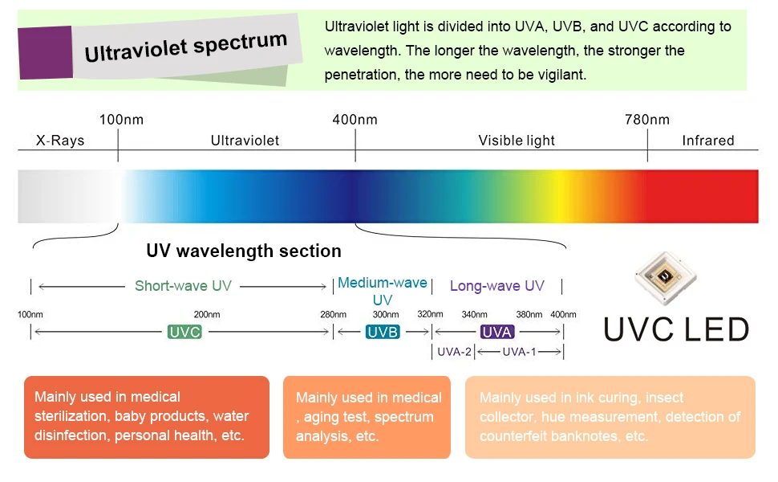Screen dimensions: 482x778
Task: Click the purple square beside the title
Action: (x=45, y=52)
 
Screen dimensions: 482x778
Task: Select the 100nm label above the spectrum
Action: (x=121, y=120)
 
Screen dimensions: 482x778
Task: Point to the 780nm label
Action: (x=646, y=120)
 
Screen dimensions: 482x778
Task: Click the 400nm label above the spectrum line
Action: (x=355, y=120)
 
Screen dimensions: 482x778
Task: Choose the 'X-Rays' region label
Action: (x=60, y=141)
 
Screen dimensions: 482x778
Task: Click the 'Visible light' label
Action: (x=517, y=141)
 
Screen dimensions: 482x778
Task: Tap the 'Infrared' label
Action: (x=707, y=141)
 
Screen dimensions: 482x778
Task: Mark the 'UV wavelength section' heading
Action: (x=244, y=251)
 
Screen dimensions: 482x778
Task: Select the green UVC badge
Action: (x=184, y=332)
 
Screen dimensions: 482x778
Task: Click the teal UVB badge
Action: (x=383, y=332)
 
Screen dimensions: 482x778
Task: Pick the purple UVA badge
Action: (x=497, y=332)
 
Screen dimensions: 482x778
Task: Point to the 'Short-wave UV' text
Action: (x=183, y=286)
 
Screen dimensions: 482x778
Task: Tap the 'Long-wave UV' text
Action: (x=496, y=286)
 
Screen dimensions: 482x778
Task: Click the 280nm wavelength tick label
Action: (x=333, y=314)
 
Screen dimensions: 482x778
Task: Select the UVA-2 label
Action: (x=454, y=352)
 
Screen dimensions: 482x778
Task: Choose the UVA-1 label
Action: (x=519, y=352)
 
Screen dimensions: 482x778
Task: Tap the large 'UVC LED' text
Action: (x=676, y=329)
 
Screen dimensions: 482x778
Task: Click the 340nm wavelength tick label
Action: (x=474, y=314)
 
